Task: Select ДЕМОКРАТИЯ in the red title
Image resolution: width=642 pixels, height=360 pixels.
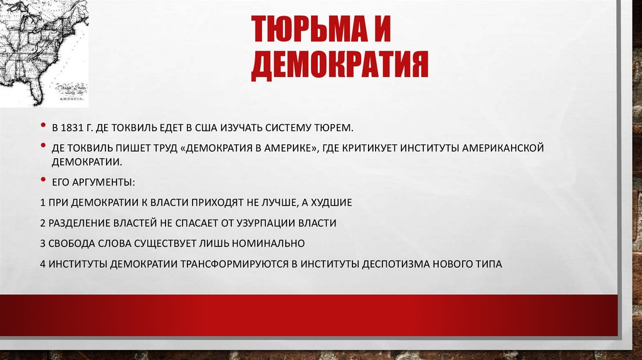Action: tap(339, 66)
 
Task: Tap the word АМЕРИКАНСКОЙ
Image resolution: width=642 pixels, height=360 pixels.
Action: tap(502, 149)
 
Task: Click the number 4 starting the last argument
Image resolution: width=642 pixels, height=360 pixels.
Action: tap(41, 263)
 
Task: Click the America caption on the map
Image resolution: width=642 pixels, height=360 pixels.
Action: tap(71, 99)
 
